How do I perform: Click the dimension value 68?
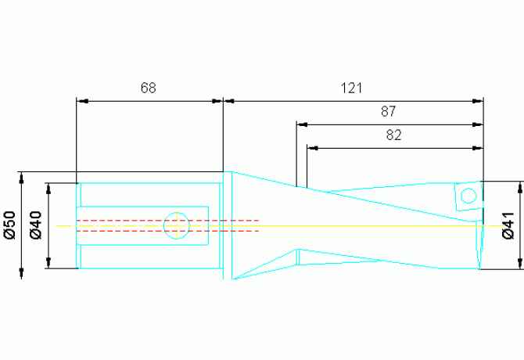[149, 88]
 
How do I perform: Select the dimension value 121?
[351, 88]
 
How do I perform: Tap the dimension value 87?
[389, 112]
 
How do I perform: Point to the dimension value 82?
[393, 135]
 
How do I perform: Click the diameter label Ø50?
[10, 225]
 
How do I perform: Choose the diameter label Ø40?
[36, 225]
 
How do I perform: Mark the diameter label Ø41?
[508, 225]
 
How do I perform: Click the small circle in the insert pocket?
[468, 196]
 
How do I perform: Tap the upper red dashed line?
[167, 221]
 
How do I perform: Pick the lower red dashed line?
[167, 231]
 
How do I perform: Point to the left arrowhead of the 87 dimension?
[302, 124]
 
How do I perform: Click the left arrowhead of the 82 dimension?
[313, 148]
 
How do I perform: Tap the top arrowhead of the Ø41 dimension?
[519, 188]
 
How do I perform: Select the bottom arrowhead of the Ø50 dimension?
[22, 273]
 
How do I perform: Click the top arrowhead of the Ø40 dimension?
[48, 189]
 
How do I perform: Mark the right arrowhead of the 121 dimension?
[478, 101]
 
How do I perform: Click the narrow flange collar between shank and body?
[228, 225]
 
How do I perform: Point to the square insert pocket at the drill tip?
[468, 196]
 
